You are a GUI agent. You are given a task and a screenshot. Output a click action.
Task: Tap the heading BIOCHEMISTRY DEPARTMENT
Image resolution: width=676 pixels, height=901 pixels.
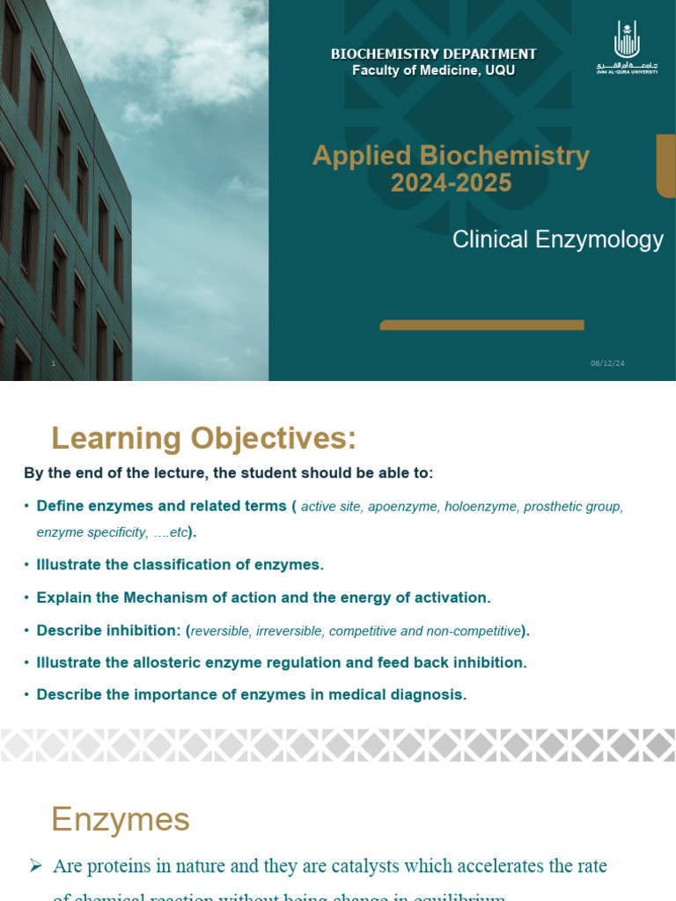(433, 55)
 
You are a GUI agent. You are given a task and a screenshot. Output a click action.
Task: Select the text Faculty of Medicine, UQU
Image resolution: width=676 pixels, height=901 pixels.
(433, 70)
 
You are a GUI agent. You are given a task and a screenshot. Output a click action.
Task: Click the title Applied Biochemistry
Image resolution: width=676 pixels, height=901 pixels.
(451, 156)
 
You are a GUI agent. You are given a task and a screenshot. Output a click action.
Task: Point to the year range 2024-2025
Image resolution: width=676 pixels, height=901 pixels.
(451, 183)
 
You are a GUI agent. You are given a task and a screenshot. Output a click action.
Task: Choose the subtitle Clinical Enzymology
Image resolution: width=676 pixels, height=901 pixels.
(557, 239)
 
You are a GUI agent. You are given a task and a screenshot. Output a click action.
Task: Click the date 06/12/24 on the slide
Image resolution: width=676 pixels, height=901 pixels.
(606, 364)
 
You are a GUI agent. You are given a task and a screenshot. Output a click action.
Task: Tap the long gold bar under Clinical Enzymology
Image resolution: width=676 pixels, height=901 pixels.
(481, 326)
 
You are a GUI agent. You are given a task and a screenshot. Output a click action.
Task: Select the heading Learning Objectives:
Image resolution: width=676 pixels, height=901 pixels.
(203, 438)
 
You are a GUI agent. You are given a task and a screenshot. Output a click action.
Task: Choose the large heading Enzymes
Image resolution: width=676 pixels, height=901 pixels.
(120, 819)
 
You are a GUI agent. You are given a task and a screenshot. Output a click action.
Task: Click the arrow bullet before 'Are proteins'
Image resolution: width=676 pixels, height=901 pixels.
(36, 867)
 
